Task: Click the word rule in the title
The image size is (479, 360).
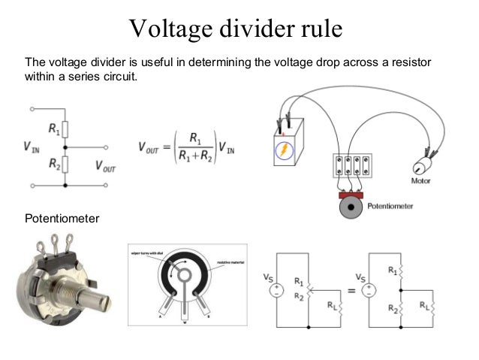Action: (321, 29)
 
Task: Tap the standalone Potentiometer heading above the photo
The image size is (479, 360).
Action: (62, 219)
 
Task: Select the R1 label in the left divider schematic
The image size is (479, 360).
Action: (55, 129)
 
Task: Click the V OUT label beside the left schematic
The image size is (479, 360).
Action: (106, 165)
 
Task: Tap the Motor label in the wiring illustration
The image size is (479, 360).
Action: (422, 181)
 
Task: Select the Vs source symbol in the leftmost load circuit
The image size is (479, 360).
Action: (276, 289)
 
